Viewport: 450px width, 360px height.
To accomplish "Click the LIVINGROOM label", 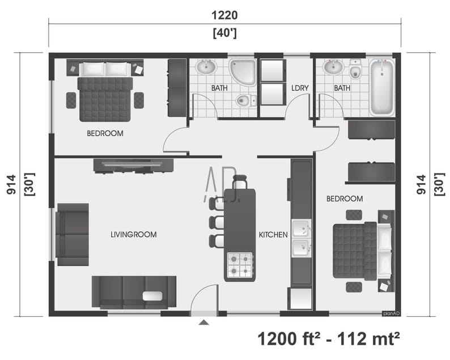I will [x=134, y=234].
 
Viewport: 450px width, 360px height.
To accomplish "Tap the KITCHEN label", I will [x=273, y=235].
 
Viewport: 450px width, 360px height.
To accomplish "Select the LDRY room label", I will [x=300, y=88].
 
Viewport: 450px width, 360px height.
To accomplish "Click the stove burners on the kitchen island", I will [x=240, y=264].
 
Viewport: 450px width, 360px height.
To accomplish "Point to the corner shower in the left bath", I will [x=243, y=72].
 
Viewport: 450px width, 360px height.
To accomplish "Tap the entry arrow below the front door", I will [x=203, y=323].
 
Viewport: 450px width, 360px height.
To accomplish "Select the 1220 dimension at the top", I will [x=224, y=15].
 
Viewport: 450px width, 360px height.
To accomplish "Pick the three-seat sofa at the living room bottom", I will [x=134, y=291].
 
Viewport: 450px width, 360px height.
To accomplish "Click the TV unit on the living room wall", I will [x=133, y=165].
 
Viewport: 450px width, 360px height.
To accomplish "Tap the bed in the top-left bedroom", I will [x=105, y=98].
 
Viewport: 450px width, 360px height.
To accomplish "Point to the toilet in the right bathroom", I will [x=356, y=70].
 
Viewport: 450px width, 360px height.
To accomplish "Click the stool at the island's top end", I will [x=240, y=182].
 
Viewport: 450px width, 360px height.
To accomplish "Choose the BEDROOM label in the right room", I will [x=345, y=199].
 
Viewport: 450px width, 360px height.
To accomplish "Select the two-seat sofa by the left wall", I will [x=73, y=234].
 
